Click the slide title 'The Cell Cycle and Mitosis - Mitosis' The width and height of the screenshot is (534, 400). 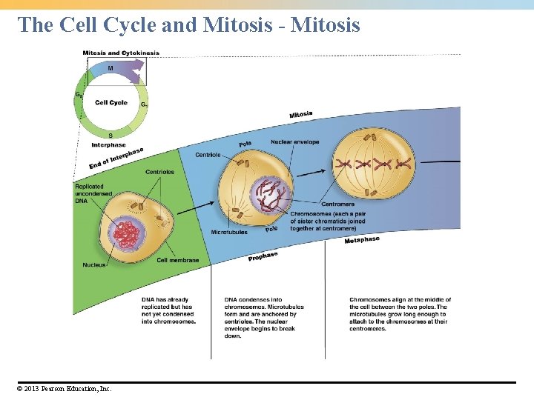pyautogui.click(x=189, y=25)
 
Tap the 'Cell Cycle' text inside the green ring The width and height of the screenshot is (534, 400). pyautogui.click(x=111, y=102)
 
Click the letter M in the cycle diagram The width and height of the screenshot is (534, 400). pyautogui.click(x=111, y=68)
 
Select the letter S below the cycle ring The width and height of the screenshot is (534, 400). pyautogui.click(x=111, y=136)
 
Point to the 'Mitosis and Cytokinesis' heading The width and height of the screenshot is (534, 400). pyautogui.click(x=121, y=53)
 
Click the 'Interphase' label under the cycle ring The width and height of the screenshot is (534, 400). pyautogui.click(x=108, y=144)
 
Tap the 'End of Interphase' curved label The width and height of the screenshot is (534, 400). pyautogui.click(x=116, y=158)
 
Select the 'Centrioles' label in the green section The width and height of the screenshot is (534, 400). pyautogui.click(x=159, y=172)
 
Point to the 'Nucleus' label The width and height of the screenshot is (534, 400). pyautogui.click(x=94, y=264)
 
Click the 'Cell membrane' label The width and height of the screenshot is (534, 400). pyautogui.click(x=178, y=260)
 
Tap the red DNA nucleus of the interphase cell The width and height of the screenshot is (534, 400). pyautogui.click(x=131, y=236)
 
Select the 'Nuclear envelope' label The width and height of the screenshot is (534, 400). pyautogui.click(x=295, y=142)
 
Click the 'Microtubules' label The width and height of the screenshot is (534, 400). pyautogui.click(x=230, y=232)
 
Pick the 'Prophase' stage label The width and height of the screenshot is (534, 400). pyautogui.click(x=263, y=256)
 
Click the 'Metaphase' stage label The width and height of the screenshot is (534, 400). pyautogui.click(x=362, y=239)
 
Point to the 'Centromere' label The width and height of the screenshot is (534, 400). pyautogui.click(x=337, y=204)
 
